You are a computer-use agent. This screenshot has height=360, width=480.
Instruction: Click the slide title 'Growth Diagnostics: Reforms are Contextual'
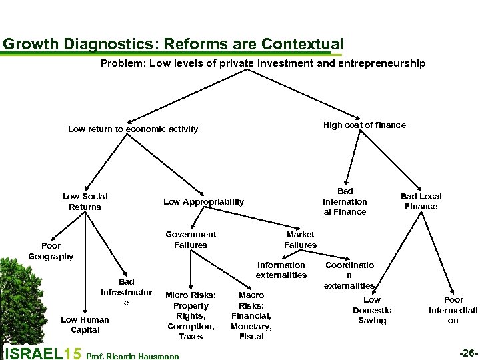tap(173, 44)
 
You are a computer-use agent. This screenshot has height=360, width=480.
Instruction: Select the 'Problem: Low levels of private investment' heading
tap(263, 63)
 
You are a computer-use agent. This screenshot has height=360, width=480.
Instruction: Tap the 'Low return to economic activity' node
tap(133, 129)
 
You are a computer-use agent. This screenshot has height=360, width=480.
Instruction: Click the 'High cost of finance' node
tap(364, 125)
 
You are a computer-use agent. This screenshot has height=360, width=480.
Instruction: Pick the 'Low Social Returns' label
tap(85, 201)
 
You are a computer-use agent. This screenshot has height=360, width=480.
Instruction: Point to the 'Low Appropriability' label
tap(204, 201)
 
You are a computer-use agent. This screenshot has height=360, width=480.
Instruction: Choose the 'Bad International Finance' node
tap(345, 201)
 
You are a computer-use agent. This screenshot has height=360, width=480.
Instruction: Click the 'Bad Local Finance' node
tap(421, 201)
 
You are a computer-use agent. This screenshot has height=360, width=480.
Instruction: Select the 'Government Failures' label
tap(191, 239)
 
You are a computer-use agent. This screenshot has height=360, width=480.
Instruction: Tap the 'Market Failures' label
tap(300, 239)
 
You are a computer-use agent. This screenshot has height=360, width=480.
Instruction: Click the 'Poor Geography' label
tap(51, 251)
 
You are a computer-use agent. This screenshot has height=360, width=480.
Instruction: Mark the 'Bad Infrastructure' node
tap(126, 292)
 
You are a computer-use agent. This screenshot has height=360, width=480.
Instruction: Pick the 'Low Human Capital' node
tap(85, 325)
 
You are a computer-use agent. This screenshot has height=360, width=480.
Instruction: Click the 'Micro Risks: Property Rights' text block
tap(191, 315)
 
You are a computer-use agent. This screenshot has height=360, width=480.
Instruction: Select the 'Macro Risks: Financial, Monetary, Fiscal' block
tap(251, 315)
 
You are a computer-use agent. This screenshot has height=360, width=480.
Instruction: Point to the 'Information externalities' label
tap(281, 269)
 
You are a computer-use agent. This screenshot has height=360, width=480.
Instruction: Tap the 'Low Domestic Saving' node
tap(372, 310)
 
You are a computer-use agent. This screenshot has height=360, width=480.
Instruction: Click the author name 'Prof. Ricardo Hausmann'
tap(133, 356)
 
